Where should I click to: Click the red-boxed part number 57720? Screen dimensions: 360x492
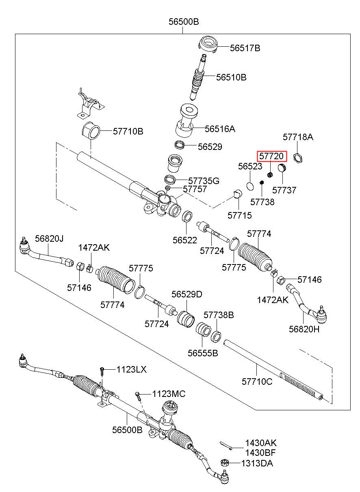click(271, 156)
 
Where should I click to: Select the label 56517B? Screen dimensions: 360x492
click(245, 48)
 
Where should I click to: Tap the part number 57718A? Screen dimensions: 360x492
click(298, 137)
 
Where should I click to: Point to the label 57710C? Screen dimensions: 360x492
click(257, 381)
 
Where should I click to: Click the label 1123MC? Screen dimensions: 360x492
click(169, 394)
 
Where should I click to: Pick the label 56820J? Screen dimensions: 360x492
click(49, 238)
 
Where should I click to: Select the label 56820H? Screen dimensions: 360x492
click(304, 329)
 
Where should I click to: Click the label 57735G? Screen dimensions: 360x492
click(204, 181)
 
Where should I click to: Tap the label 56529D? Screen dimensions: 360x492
click(187, 294)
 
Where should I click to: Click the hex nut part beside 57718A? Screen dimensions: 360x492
click(298, 158)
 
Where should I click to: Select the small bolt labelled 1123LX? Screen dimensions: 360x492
click(102, 372)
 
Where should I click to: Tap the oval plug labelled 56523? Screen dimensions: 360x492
click(250, 186)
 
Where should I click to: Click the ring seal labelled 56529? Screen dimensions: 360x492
click(179, 145)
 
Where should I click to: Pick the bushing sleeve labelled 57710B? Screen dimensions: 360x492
click(91, 130)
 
